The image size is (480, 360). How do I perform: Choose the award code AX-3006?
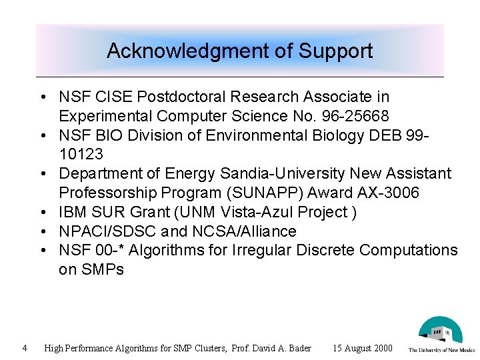tap(397, 193)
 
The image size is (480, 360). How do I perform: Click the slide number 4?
tap(24, 347)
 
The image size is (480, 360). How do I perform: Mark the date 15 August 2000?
tap(363, 348)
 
